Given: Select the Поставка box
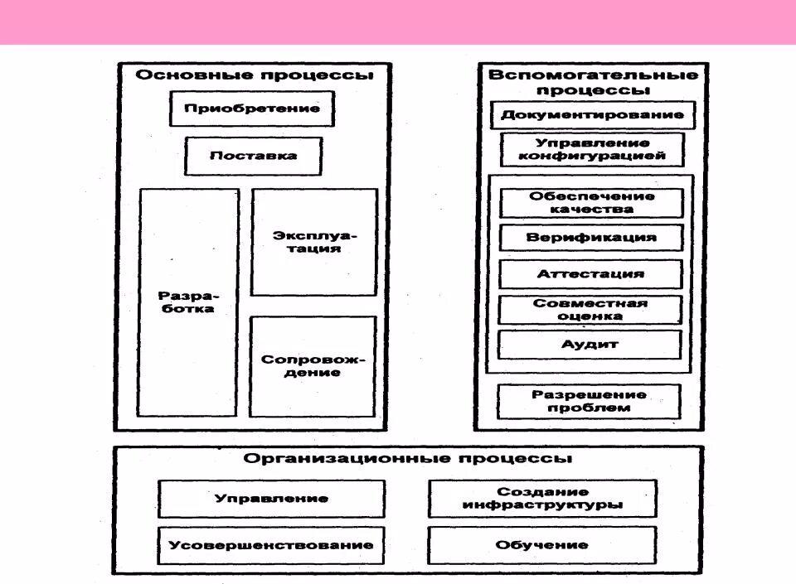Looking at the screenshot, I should [253, 156].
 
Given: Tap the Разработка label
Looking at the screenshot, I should [188, 302].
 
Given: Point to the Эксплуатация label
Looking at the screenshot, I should [313, 242].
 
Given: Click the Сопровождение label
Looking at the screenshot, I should [313, 366].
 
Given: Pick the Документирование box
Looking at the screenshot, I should [592, 115].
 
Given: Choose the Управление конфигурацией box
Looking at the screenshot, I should [592, 149].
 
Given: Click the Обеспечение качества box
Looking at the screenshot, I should [590, 203].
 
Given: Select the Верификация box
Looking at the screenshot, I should [590, 238].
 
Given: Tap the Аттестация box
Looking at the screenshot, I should [590, 273].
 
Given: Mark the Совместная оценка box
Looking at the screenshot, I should [590, 309].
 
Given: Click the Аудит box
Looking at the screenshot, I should [590, 344].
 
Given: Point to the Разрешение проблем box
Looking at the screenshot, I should [589, 401].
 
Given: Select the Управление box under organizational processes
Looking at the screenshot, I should [271, 499].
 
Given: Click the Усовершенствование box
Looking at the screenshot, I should [271, 545].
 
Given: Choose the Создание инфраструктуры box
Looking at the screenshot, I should [542, 499].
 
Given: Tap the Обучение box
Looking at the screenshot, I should [542, 545].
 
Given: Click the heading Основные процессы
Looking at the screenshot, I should [254, 75].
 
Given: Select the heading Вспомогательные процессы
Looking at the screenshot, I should [592, 82].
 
